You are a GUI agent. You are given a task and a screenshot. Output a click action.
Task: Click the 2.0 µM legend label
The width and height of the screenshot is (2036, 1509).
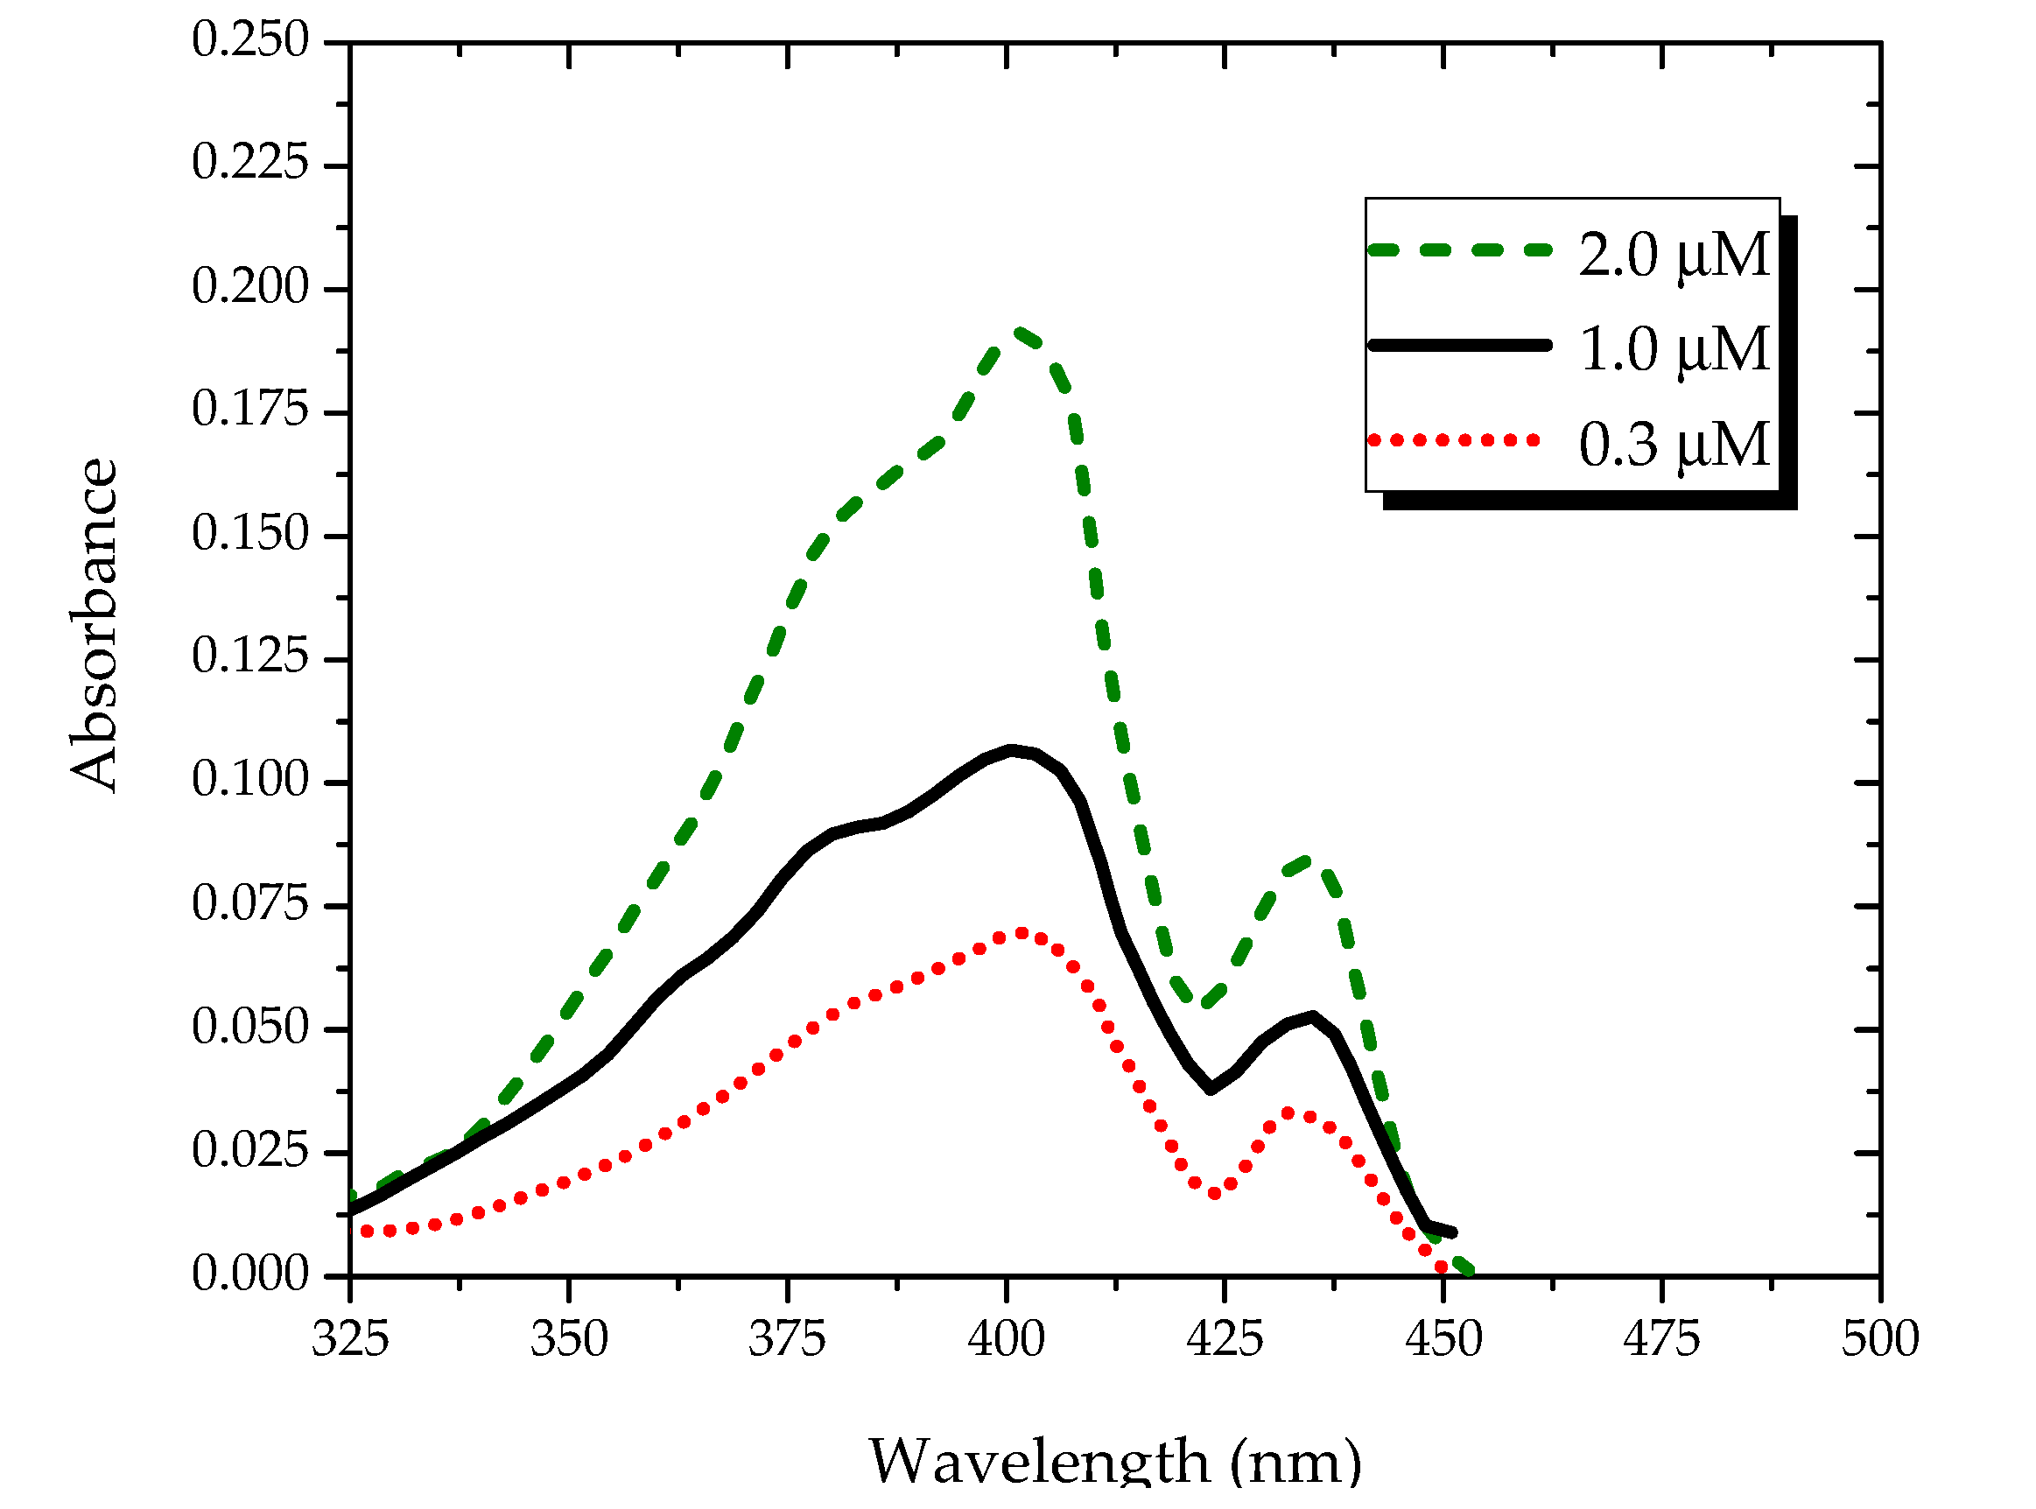(1674, 255)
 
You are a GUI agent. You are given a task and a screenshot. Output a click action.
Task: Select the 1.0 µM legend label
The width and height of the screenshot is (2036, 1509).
(1674, 350)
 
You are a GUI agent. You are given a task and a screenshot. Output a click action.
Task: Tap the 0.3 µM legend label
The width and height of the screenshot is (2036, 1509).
(1674, 446)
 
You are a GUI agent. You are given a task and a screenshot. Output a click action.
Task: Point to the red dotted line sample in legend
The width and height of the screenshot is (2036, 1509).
(1454, 440)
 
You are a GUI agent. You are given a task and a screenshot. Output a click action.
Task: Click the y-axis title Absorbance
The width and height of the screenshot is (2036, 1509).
(94, 625)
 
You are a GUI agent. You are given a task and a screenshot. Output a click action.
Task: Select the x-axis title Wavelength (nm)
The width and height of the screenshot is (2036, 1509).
(1114, 1462)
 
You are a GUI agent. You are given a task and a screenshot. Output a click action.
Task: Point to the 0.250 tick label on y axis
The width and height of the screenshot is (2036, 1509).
(250, 41)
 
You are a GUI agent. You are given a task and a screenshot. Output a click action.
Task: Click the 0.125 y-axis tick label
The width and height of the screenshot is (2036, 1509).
(250, 657)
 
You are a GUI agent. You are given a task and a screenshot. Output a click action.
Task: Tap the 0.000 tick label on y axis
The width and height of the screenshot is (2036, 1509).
(250, 1275)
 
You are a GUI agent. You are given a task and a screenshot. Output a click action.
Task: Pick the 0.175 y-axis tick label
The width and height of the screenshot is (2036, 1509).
(250, 411)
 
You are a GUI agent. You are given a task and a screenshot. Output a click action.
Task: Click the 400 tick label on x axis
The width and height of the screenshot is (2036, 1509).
(1006, 1340)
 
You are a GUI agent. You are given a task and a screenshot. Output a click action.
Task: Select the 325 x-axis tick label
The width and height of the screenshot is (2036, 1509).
(350, 1340)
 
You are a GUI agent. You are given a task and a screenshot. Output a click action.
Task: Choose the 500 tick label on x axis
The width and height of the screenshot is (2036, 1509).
(1880, 1340)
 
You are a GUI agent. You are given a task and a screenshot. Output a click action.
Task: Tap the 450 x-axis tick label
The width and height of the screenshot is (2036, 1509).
(1443, 1340)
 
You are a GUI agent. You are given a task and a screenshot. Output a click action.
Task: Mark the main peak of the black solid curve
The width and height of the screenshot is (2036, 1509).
(1010, 751)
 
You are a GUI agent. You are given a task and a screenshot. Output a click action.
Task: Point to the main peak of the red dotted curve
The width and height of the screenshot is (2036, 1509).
(1021, 934)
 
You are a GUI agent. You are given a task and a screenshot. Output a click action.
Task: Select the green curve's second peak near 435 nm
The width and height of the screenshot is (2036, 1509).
(1307, 861)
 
